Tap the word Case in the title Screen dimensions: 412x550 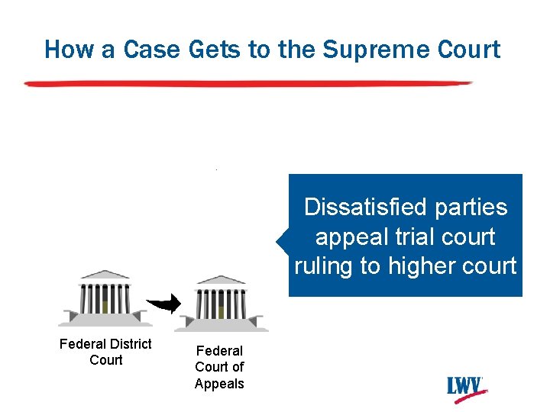pyautogui.click(x=126, y=50)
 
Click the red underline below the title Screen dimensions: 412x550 pyautogui.click(x=248, y=82)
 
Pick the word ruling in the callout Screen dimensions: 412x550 pyautogui.click(x=325, y=266)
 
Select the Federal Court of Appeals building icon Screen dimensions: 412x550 pyautogui.click(x=221, y=303)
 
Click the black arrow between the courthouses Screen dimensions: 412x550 pyautogui.click(x=163, y=304)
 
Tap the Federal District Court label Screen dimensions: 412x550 pyautogui.click(x=105, y=352)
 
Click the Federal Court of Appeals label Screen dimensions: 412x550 pyautogui.click(x=219, y=367)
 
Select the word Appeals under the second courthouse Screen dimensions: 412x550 pyautogui.click(x=219, y=384)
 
